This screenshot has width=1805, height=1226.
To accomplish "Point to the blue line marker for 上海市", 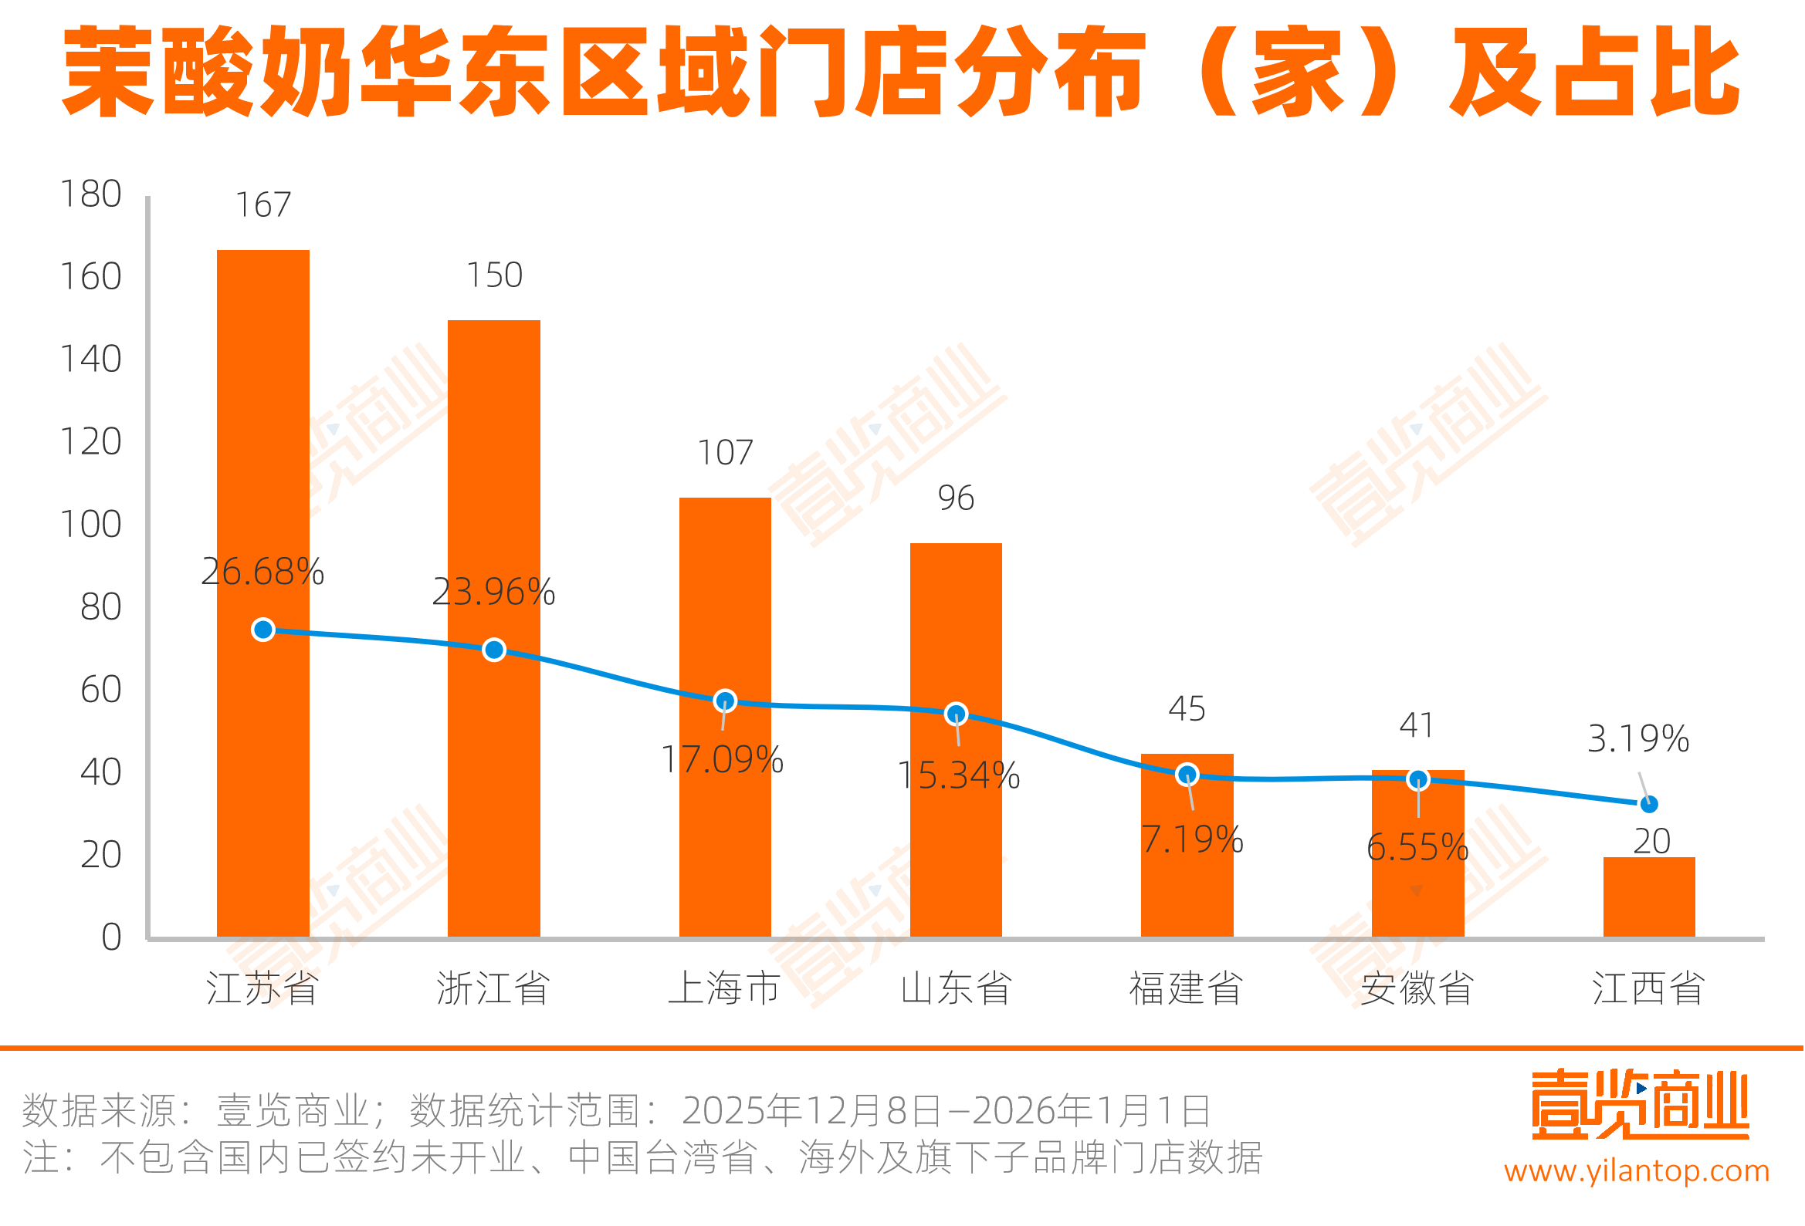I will click(x=725, y=701).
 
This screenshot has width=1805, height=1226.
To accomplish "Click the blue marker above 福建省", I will click(x=1187, y=774).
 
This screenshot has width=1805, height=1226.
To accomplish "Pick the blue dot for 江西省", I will click(x=1649, y=805).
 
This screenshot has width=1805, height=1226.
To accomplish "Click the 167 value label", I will click(x=262, y=205).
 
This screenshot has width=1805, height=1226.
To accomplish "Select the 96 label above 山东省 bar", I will click(x=955, y=498).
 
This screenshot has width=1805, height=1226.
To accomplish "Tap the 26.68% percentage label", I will click(x=262, y=572).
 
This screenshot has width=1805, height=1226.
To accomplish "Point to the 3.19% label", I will click(x=1638, y=738).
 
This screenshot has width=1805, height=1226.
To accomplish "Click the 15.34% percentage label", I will click(x=958, y=775).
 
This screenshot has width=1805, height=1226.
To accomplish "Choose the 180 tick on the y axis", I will click(x=91, y=194).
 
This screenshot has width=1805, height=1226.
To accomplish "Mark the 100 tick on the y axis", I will click(x=91, y=525).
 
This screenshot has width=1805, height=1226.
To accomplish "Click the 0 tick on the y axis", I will click(x=111, y=937).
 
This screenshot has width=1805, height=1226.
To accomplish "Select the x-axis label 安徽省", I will click(x=1417, y=988).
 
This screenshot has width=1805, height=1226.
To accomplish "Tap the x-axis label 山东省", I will click(x=955, y=988).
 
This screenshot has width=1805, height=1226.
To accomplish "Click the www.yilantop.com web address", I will click(x=1637, y=1170).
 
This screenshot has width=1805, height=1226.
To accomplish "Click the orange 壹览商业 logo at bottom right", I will click(x=1640, y=1104).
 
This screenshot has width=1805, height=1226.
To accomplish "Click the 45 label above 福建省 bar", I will click(x=1187, y=709).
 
